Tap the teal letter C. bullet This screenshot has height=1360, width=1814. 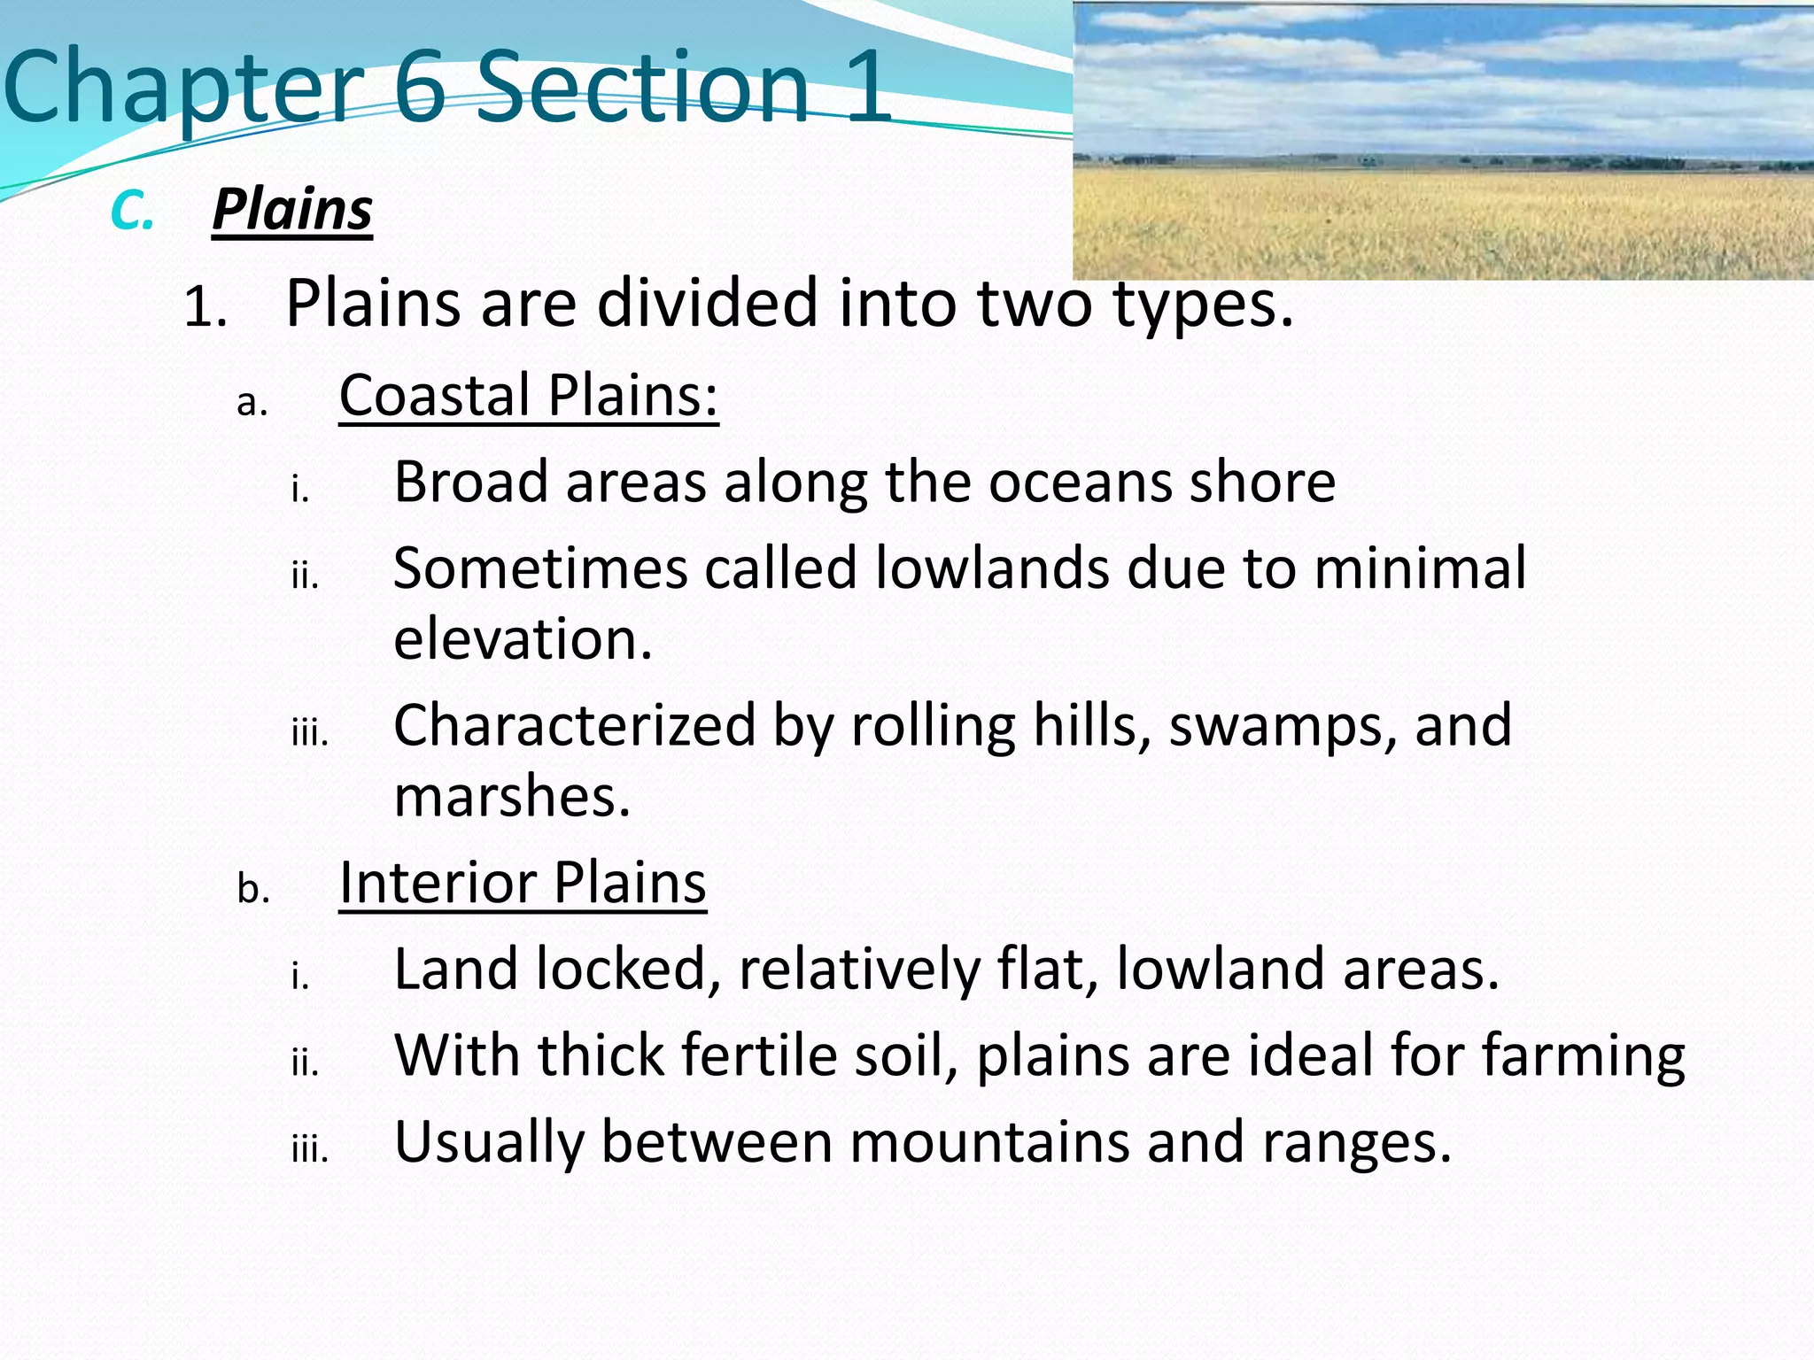[132, 212]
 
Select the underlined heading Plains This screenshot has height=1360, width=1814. [292, 211]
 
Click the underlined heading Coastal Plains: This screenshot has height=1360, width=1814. [528, 395]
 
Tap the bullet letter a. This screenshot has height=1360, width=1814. [252, 403]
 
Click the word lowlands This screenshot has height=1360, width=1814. [992, 568]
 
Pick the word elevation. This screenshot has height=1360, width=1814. [522, 639]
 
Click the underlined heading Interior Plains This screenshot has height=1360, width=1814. [523, 883]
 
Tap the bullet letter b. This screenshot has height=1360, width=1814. [252, 888]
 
